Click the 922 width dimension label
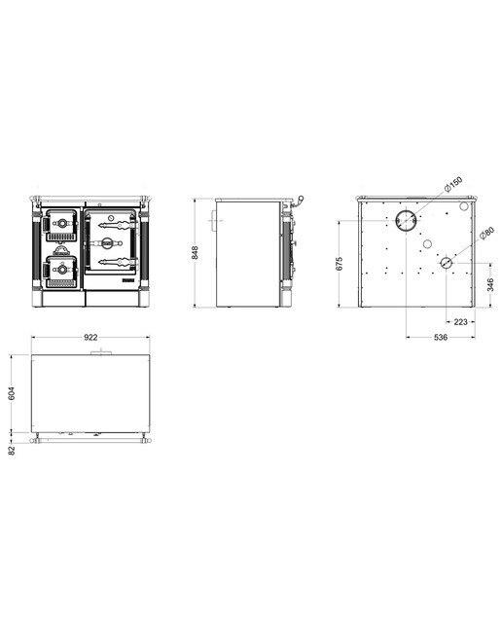pyautogui.click(x=90, y=338)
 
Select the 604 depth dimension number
pyautogui.click(x=11, y=393)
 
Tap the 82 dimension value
pyautogui.click(x=12, y=450)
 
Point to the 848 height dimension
pyautogui.click(x=195, y=253)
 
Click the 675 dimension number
pyautogui.click(x=340, y=264)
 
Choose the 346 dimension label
pyautogui.click(x=490, y=285)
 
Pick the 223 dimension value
pyautogui.click(x=460, y=322)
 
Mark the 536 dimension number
pyautogui.click(x=441, y=338)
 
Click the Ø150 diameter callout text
pyautogui.click(x=452, y=184)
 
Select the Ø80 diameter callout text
pyautogui.click(x=485, y=234)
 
